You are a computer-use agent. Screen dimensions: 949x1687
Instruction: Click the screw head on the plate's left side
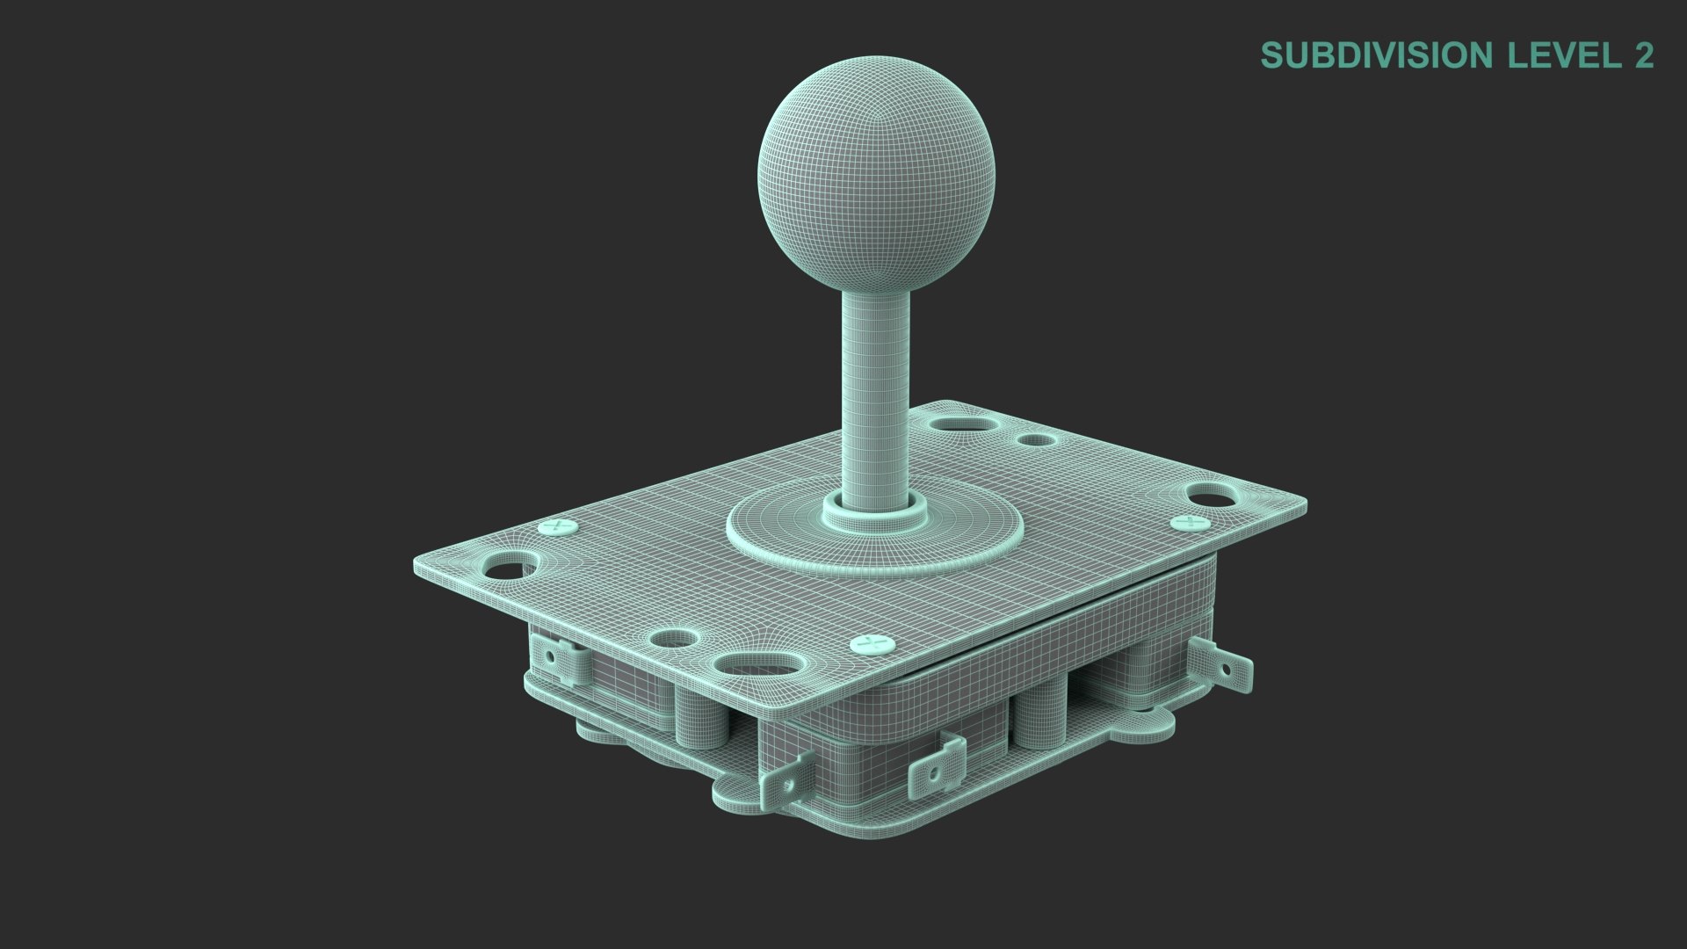558,527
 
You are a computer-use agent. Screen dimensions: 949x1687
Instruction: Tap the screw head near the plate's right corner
1190,524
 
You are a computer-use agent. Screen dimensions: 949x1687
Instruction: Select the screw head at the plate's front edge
873,645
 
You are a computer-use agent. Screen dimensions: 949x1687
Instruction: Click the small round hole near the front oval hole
673,640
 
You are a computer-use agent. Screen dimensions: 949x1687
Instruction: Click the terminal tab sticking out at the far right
1223,664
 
